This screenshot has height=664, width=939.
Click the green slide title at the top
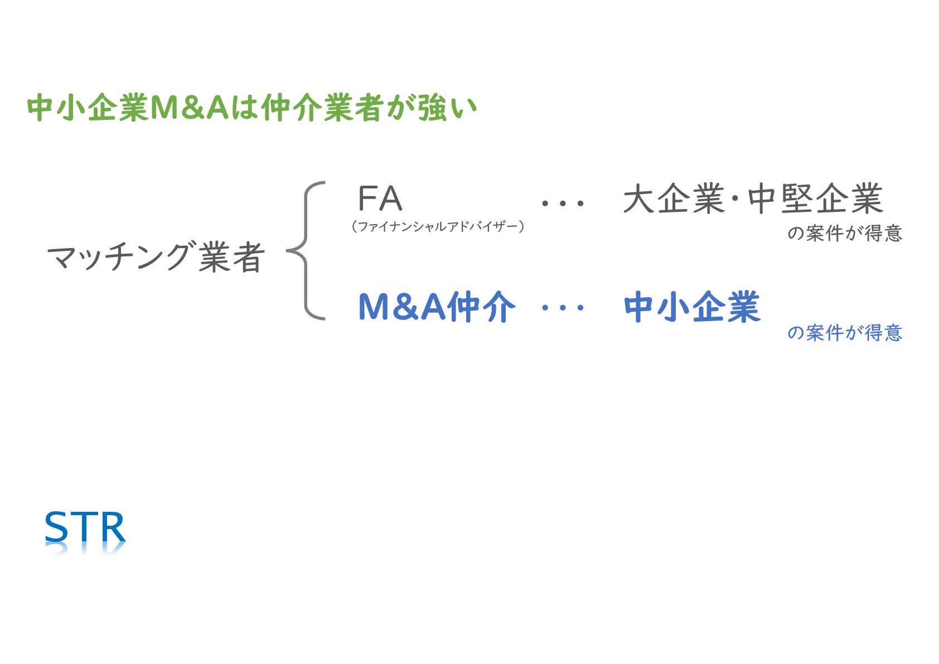click(x=252, y=108)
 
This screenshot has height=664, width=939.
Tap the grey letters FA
click(x=380, y=198)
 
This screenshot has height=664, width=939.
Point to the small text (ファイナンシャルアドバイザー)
click(x=438, y=226)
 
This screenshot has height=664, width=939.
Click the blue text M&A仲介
click(x=437, y=307)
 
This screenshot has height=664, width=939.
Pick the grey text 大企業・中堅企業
click(x=753, y=199)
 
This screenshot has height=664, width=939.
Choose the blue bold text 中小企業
click(x=692, y=307)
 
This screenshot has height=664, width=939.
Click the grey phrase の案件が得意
click(x=844, y=233)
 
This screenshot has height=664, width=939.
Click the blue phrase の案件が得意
click(x=844, y=333)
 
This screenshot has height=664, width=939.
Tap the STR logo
click(x=85, y=528)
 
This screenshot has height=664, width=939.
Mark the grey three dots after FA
click(x=563, y=203)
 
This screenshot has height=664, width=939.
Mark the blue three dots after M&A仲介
click(x=563, y=307)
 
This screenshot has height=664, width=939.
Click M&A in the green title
click(x=190, y=108)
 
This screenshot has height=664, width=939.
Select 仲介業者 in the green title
click(x=321, y=108)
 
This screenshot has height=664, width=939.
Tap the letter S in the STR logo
click(x=56, y=528)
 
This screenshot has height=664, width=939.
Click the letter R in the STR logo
click(x=113, y=528)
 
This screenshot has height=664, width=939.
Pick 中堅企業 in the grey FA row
click(x=815, y=199)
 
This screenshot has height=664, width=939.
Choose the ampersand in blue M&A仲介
click(x=406, y=307)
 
